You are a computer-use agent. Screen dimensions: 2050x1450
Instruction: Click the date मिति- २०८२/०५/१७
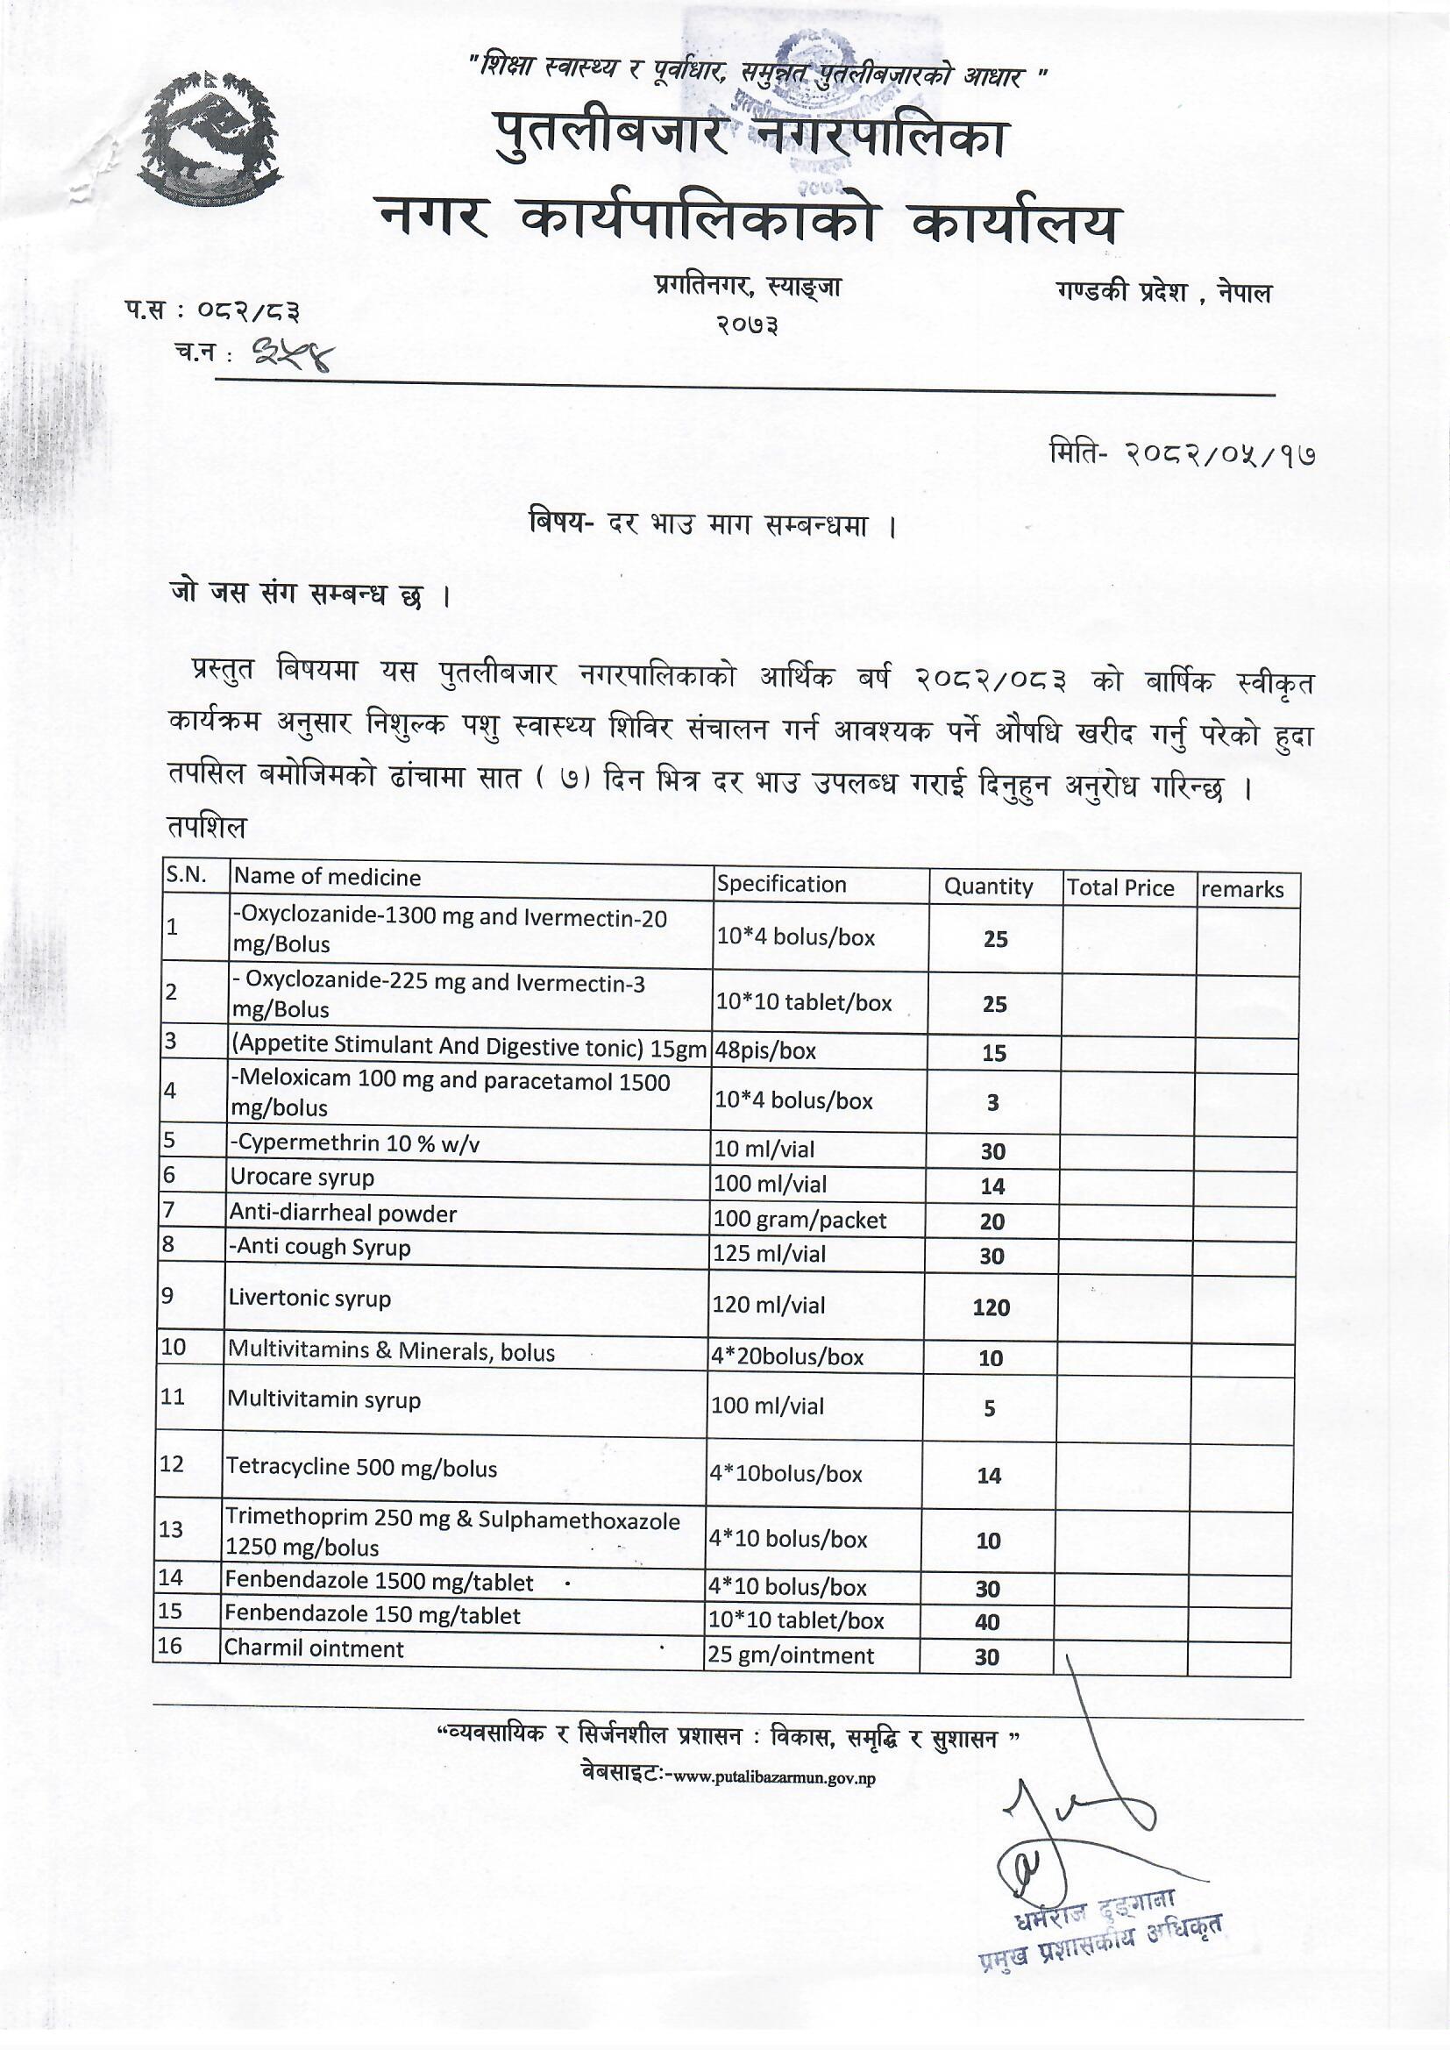(x=1181, y=454)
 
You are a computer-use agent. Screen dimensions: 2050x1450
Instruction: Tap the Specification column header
(x=781, y=884)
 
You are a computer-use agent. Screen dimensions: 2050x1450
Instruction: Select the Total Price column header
(x=1119, y=887)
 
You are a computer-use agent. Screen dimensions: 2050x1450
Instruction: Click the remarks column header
(x=1242, y=889)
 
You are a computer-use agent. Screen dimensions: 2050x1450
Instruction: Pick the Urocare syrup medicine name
(x=302, y=1178)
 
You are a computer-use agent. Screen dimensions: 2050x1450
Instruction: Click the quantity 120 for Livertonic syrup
(x=992, y=1308)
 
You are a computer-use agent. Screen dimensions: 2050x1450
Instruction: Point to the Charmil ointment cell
(x=315, y=1649)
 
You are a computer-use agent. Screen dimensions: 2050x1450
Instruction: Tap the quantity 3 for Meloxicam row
(x=993, y=1103)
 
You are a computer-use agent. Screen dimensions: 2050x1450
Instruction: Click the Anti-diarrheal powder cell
(x=343, y=1214)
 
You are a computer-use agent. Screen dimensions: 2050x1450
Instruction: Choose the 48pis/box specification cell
(x=766, y=1051)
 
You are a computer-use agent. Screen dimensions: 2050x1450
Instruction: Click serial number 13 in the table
(x=171, y=1529)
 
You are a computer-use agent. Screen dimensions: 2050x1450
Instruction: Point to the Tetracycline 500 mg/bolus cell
(x=361, y=1469)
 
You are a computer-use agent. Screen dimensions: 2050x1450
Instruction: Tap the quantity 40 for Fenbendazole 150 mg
(x=986, y=1622)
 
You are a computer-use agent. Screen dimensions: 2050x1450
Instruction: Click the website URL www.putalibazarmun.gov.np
(x=773, y=1777)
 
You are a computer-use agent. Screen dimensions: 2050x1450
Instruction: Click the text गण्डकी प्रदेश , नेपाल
(x=1162, y=293)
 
